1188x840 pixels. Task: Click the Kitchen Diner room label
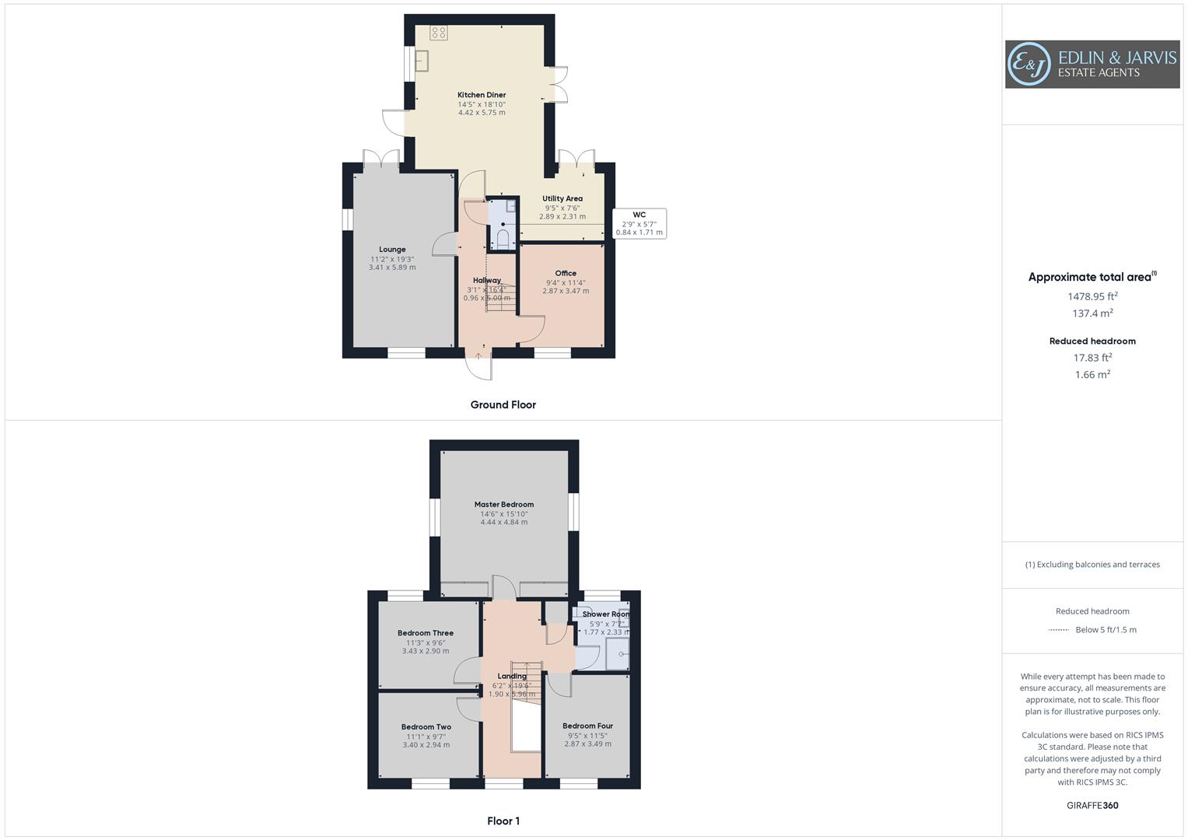point(482,95)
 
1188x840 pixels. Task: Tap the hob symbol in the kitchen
point(439,33)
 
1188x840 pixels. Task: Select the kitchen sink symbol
point(422,61)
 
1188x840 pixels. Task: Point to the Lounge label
point(392,250)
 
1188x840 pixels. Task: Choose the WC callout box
point(639,223)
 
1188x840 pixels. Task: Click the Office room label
point(566,273)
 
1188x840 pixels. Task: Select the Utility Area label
point(562,198)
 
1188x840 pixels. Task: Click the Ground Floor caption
point(503,404)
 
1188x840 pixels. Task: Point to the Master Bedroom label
point(504,504)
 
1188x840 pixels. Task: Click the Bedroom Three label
point(426,633)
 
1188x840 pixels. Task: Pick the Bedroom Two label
point(426,727)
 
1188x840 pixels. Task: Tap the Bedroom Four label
point(587,726)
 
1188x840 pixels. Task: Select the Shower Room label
point(606,614)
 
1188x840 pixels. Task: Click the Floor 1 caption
point(503,821)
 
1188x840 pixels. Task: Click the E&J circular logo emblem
point(1029,65)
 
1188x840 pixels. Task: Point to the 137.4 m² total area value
point(1092,313)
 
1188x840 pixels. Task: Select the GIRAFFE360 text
point(1092,805)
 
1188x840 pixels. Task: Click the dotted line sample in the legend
point(1058,630)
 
